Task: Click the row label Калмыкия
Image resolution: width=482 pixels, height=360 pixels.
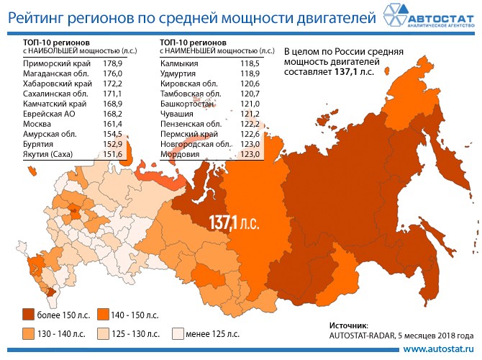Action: click(x=179, y=65)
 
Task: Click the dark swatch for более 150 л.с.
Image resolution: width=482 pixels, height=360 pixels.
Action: click(x=29, y=315)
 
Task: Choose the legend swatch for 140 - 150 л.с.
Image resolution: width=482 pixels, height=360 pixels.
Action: click(x=105, y=315)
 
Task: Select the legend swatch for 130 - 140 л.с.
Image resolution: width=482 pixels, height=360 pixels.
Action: click(x=29, y=334)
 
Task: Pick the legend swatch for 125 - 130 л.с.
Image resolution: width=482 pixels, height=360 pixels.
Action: click(x=105, y=334)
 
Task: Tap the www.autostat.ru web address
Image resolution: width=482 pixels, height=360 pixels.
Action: click(x=440, y=349)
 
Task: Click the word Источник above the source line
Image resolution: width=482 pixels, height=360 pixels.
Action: click(x=348, y=325)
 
